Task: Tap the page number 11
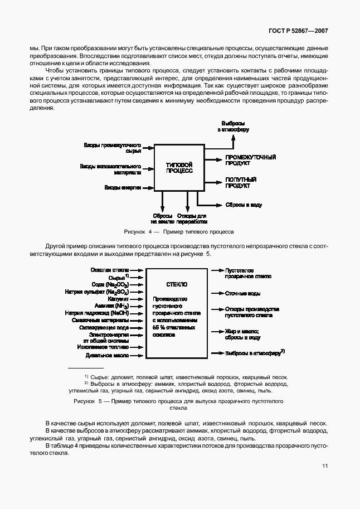(324, 467)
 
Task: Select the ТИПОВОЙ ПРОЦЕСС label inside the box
(179, 168)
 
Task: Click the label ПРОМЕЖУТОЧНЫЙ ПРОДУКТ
(250, 161)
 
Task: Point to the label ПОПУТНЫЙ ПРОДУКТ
(241, 183)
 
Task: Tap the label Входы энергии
(122, 188)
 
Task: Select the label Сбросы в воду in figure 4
(243, 205)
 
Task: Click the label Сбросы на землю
(163, 219)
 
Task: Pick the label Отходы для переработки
(192, 219)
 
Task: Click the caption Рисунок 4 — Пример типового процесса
(179, 231)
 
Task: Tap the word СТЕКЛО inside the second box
(177, 284)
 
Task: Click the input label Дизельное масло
(107, 355)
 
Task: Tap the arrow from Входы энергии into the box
(148, 188)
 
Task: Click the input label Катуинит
(119, 299)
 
